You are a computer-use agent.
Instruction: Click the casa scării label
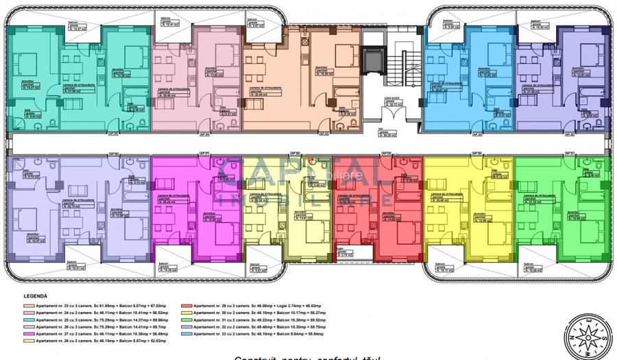point(391,99)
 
